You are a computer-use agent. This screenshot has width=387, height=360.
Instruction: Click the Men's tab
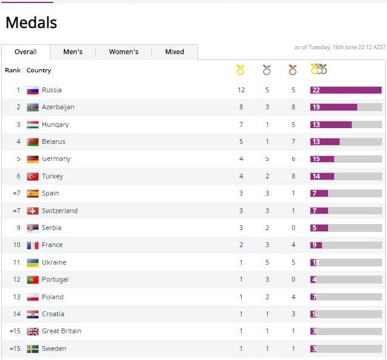click(x=73, y=52)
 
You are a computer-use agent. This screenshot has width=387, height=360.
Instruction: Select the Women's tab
click(x=123, y=52)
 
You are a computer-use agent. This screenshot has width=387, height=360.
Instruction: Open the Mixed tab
click(x=174, y=52)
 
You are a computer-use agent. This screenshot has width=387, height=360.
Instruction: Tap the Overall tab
click(x=26, y=52)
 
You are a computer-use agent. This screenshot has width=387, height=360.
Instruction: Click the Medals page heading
click(x=31, y=23)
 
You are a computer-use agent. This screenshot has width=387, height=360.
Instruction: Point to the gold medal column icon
click(x=241, y=70)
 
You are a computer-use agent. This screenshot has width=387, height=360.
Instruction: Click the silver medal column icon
click(x=267, y=70)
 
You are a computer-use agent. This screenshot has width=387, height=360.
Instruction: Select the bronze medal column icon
click(x=293, y=70)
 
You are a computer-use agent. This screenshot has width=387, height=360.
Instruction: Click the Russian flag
click(x=33, y=90)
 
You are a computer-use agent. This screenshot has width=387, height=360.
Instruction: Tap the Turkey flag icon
click(x=33, y=176)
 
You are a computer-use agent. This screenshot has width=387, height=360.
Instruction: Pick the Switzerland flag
click(x=33, y=211)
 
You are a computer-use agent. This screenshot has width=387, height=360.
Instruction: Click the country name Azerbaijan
click(x=58, y=107)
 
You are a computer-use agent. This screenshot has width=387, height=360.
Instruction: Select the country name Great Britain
click(x=61, y=331)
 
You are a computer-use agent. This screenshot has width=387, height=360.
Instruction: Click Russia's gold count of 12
click(x=241, y=90)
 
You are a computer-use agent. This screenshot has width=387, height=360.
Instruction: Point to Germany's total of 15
click(x=316, y=159)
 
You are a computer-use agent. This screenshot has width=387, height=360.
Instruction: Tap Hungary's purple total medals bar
click(x=331, y=124)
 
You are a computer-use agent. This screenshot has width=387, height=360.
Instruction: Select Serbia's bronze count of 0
click(x=293, y=228)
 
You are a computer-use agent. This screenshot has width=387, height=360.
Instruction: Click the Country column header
click(x=39, y=70)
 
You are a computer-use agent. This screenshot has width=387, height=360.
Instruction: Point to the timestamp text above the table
click(x=340, y=47)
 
